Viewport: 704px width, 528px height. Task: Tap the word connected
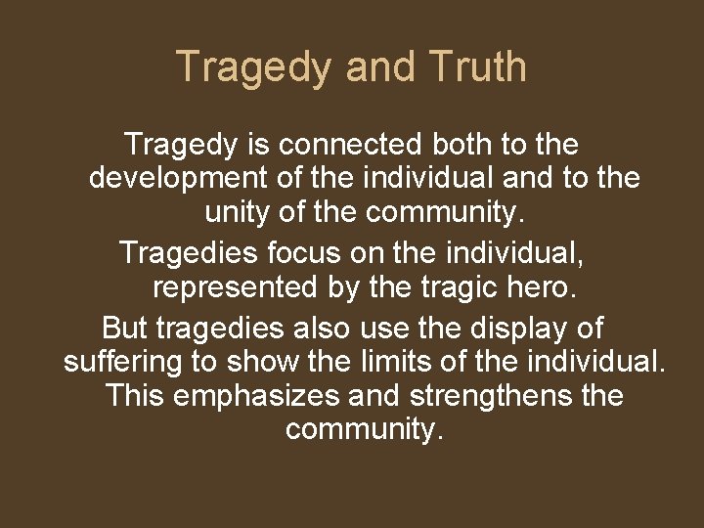click(x=350, y=146)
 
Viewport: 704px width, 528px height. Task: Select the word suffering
click(x=123, y=361)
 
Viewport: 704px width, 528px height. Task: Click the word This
click(x=136, y=396)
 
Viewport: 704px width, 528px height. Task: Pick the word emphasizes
click(x=273, y=396)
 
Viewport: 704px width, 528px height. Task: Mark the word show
click(x=263, y=361)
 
